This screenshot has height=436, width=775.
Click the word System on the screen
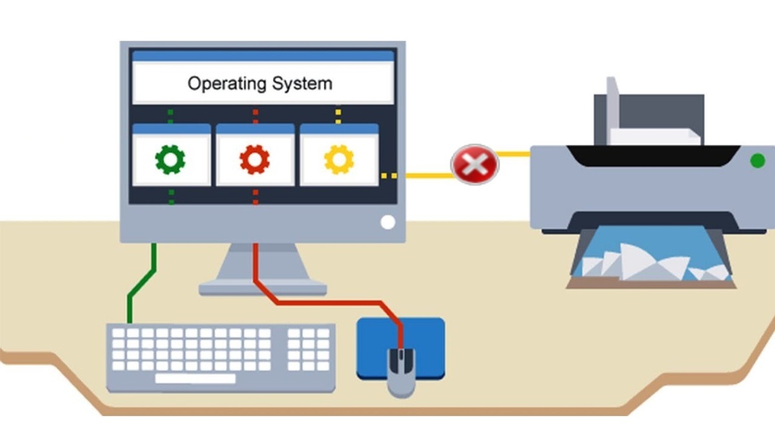302,83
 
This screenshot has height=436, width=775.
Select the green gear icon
170,160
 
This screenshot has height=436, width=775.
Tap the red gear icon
254,160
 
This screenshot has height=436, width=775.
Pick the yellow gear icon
338,160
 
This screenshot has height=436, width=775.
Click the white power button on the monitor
387,222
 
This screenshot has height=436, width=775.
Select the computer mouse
400,371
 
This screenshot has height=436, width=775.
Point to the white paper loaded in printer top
652,136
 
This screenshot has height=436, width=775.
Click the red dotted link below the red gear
255,196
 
